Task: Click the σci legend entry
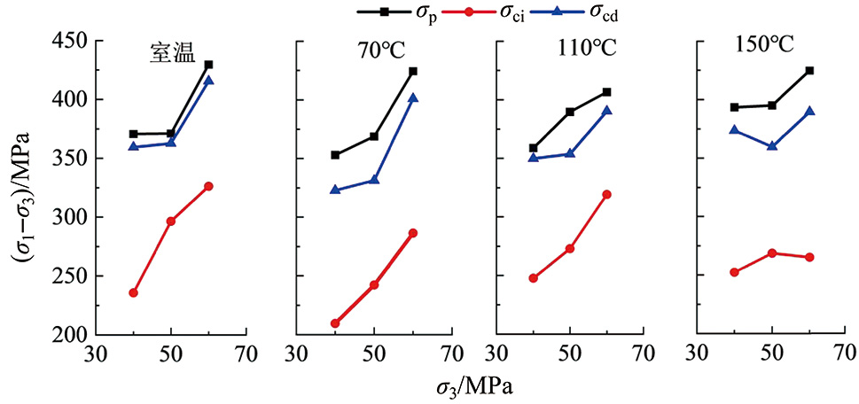[x=482, y=12]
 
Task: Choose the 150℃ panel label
[x=764, y=46]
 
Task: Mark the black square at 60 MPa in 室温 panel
[x=208, y=65]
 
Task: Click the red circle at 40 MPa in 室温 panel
[x=133, y=292]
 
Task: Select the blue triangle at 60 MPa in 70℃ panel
[x=413, y=98]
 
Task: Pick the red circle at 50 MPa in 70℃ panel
[x=374, y=285]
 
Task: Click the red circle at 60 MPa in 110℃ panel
[x=606, y=194]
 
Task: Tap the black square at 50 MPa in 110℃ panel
[x=570, y=112]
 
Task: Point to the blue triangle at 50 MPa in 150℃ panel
[x=772, y=145]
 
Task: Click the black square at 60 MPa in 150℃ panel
[x=809, y=70]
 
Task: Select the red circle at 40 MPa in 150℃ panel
[x=734, y=272]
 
